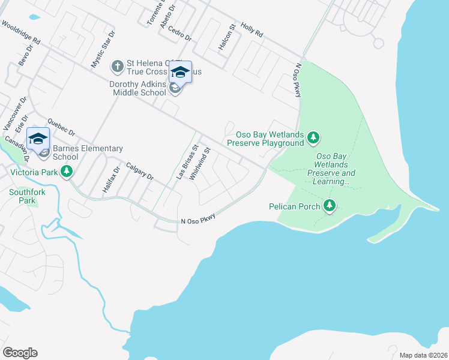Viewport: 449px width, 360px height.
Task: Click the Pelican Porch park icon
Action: (329, 206)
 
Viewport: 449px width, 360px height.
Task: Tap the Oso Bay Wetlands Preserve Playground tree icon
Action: (313, 139)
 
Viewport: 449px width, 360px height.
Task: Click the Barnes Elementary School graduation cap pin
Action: (38, 139)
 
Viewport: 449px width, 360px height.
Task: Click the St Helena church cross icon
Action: (118, 64)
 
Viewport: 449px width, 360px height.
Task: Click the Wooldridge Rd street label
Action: (20, 33)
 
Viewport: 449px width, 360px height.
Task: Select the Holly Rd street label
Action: (252, 31)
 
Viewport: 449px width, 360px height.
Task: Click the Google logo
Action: (20, 353)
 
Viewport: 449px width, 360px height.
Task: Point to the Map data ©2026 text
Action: (423, 355)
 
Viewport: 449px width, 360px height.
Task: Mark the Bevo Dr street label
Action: (25, 55)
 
